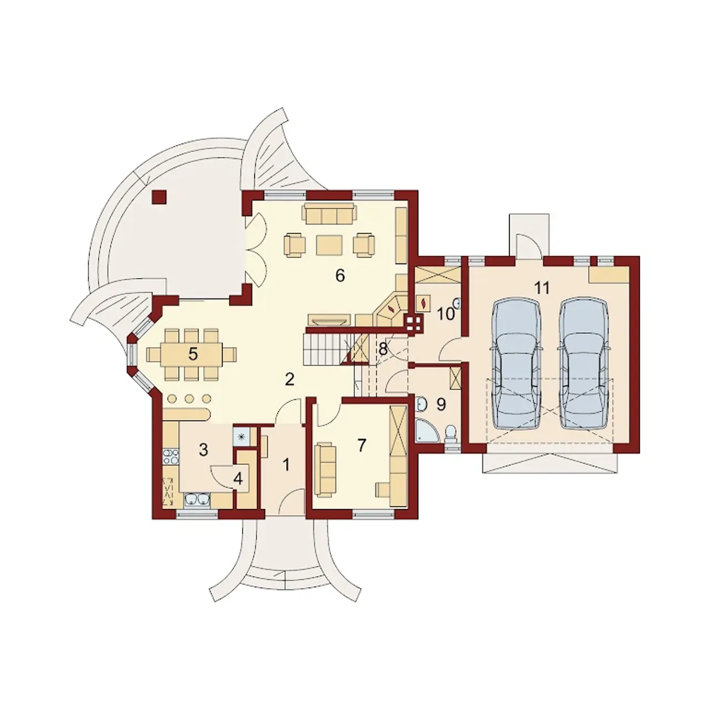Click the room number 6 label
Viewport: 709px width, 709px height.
click(x=340, y=275)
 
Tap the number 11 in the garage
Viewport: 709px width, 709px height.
click(x=542, y=287)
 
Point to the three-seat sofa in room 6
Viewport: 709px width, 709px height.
click(x=329, y=213)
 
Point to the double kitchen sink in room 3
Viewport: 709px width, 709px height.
click(x=197, y=500)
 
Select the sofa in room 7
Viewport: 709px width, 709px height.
click(x=326, y=470)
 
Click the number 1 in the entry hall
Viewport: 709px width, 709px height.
click(x=286, y=465)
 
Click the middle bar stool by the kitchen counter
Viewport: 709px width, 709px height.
click(x=189, y=398)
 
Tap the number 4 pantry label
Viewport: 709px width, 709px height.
click(x=238, y=479)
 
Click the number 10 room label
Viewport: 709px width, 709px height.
click(x=445, y=314)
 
